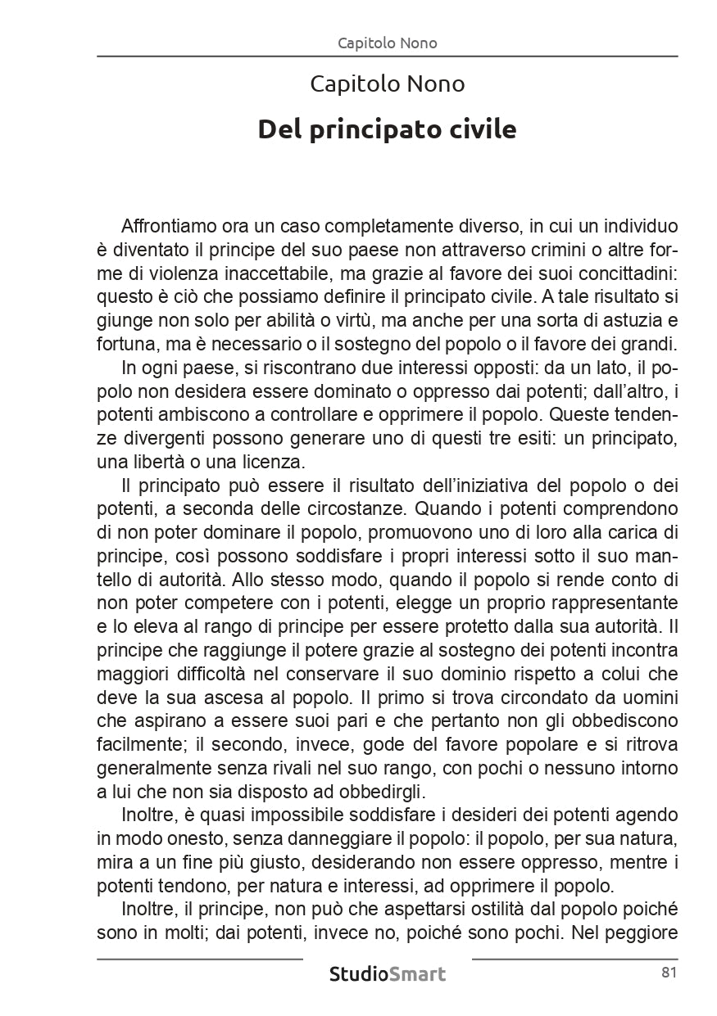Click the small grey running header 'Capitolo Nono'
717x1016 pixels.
[x=387, y=43]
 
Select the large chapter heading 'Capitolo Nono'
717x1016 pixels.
[x=387, y=84]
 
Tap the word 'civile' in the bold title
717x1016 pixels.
[x=482, y=129]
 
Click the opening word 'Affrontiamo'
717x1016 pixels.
[x=167, y=225]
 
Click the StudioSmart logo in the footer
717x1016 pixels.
[x=387, y=974]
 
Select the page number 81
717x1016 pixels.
[x=667, y=973]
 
